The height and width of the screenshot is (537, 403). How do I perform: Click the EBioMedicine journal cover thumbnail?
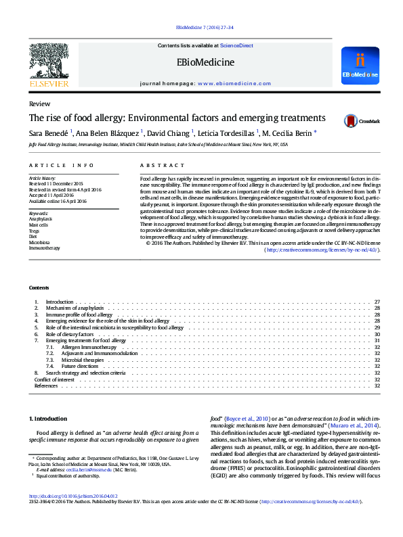coord(360,65)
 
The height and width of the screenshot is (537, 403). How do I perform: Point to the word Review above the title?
coord(39,103)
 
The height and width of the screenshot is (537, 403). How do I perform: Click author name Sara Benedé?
coord(47,133)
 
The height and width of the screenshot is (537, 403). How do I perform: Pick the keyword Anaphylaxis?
coord(40,219)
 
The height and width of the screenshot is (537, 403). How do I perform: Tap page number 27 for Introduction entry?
coord(377,301)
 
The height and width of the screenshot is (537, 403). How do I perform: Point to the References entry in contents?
coord(45,386)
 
